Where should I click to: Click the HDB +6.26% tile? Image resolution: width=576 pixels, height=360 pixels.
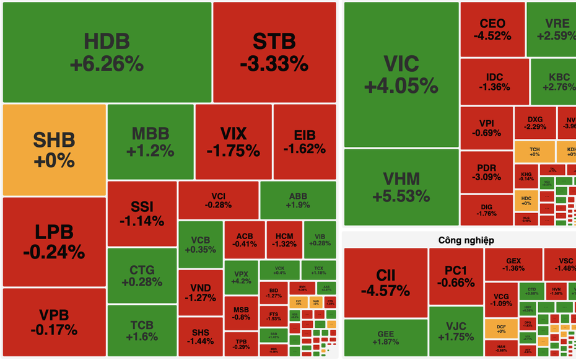tap(107, 52)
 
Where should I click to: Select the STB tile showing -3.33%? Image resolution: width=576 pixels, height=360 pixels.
tap(274, 52)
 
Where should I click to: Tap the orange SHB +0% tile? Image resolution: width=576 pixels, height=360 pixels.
tap(54, 149)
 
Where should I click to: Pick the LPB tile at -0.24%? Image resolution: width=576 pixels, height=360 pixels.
tap(54, 242)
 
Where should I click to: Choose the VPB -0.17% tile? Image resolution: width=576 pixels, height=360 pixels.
tap(54, 322)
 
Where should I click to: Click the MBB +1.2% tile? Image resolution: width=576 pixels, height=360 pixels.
tap(151, 142)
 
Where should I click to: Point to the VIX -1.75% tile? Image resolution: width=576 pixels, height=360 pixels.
tap(233, 142)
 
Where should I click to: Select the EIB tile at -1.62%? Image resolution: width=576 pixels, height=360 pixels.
tap(304, 142)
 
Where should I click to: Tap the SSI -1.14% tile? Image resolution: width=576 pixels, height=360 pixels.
tap(142, 214)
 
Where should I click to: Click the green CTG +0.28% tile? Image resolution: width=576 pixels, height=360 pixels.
tap(142, 276)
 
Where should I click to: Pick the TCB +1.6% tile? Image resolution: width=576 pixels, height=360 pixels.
tap(142, 331)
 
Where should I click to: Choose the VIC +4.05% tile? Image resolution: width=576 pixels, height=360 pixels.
tap(401, 74)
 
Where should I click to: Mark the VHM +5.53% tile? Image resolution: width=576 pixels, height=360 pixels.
tap(401, 187)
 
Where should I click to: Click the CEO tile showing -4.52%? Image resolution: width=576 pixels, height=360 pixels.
tap(492, 30)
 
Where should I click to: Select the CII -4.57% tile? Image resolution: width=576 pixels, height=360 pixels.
tap(385, 283)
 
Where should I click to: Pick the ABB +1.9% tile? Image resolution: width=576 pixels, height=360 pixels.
tap(298, 200)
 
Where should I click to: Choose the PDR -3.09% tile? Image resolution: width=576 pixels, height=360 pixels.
tap(486, 172)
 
